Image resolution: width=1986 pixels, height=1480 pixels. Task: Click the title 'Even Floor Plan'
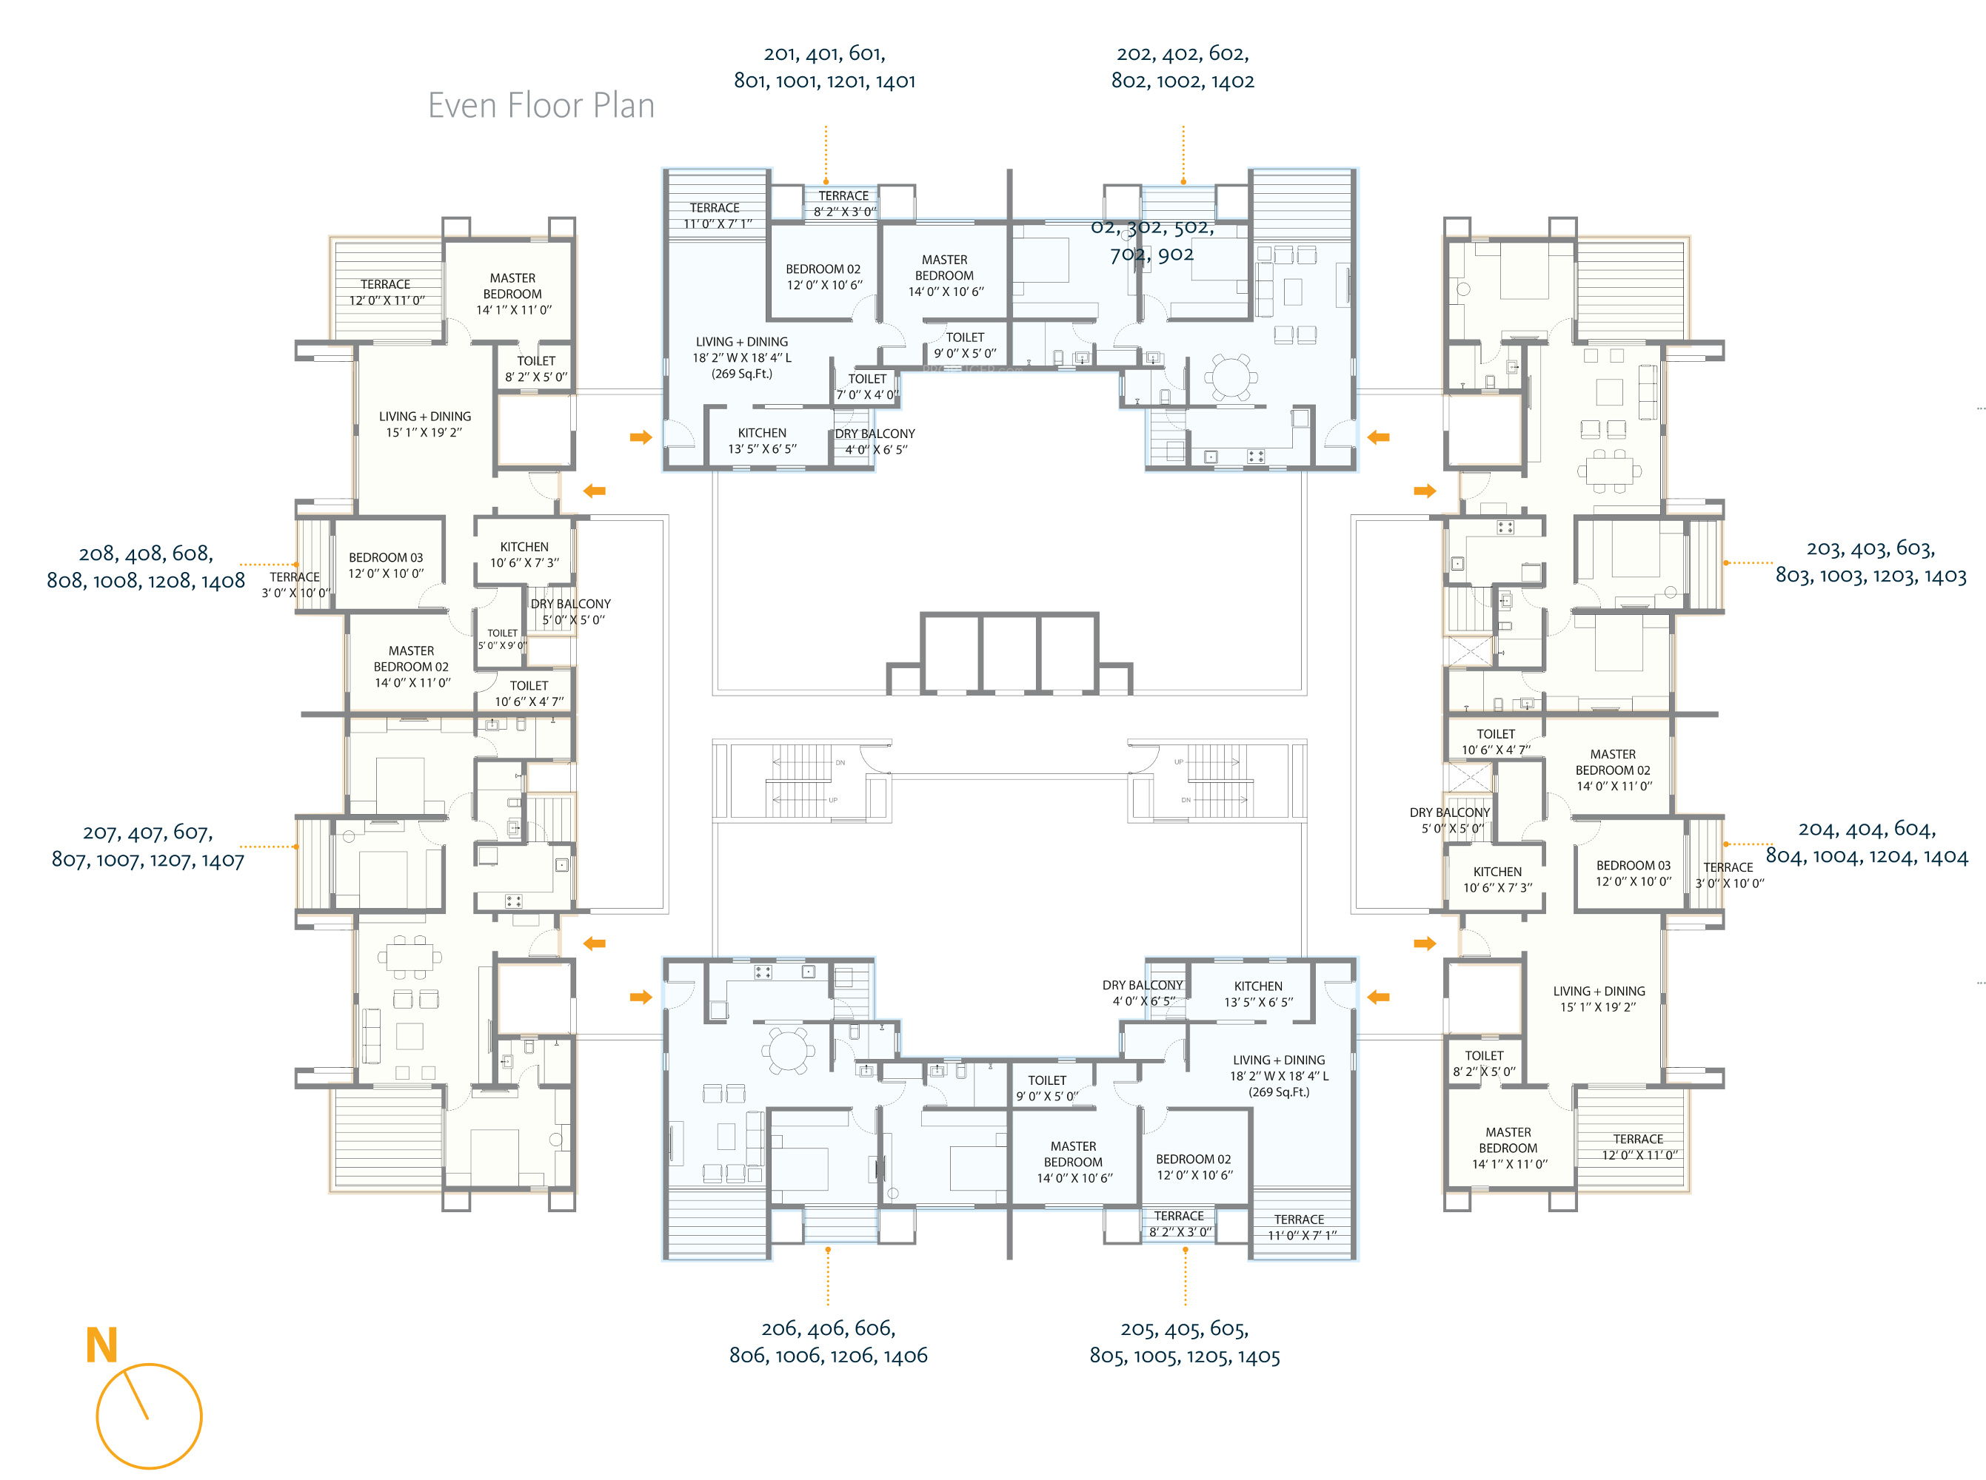pyautogui.click(x=541, y=106)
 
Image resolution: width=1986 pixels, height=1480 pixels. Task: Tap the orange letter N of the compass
pyautogui.click(x=101, y=1345)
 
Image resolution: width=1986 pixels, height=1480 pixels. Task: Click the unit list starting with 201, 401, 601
pyautogui.click(x=824, y=67)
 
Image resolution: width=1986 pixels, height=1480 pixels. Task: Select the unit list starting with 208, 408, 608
pyautogui.click(x=146, y=567)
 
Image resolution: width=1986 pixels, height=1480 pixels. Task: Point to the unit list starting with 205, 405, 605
pyautogui.click(x=1184, y=1342)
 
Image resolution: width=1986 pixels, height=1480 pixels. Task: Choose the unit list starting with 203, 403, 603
pyautogui.click(x=1870, y=562)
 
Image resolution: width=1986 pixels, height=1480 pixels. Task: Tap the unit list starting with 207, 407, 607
pyautogui.click(x=148, y=846)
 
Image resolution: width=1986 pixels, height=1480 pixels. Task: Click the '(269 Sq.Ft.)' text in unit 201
pyautogui.click(x=741, y=374)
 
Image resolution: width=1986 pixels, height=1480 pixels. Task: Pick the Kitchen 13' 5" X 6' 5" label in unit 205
pyautogui.click(x=1257, y=994)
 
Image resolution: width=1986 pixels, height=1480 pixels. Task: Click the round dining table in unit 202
pyautogui.click(x=1231, y=376)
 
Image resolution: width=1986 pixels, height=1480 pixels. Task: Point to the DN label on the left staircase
pyautogui.click(x=840, y=762)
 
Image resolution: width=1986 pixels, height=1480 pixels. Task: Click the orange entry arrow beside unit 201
pyautogui.click(x=641, y=437)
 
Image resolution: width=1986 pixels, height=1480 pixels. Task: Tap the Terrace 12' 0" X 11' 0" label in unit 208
pyautogui.click(x=387, y=292)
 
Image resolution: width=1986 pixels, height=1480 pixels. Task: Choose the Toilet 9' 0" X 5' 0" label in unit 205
pyautogui.click(x=1047, y=1089)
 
